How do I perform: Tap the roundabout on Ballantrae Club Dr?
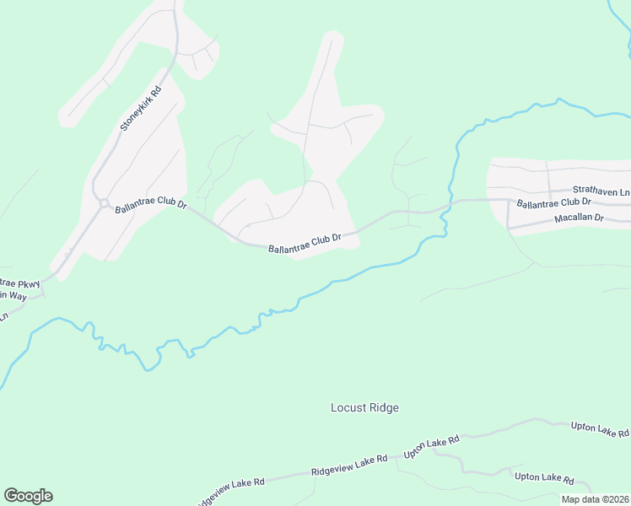(103, 203)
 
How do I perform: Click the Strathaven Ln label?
(601, 191)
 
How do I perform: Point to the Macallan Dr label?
(580, 218)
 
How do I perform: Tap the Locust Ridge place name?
(364, 408)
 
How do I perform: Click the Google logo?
(28, 496)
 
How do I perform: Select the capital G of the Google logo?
(10, 495)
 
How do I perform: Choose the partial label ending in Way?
(14, 295)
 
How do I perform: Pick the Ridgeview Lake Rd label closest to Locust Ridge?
(348, 465)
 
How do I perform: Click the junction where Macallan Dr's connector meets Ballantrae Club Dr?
(508, 201)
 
